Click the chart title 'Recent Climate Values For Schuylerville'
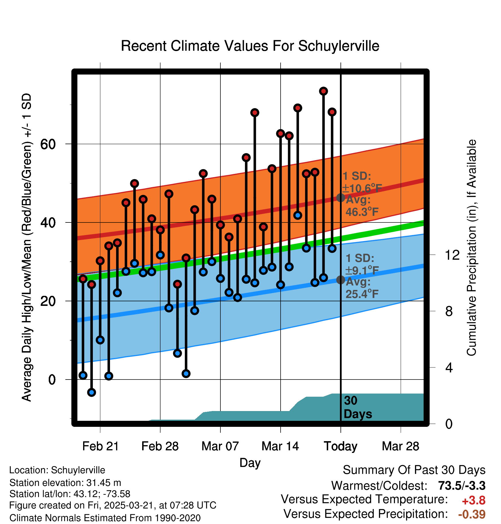(x=250, y=46)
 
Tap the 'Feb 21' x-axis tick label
(x=100, y=446)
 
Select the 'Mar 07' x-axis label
(x=220, y=446)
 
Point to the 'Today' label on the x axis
(x=340, y=446)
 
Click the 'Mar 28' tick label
(x=400, y=446)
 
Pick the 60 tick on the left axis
(x=48, y=144)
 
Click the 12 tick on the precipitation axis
(x=452, y=255)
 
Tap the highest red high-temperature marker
(x=323, y=91)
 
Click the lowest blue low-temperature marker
(x=91, y=392)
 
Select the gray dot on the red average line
(x=340, y=198)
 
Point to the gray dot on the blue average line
(x=340, y=279)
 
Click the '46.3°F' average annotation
(x=362, y=212)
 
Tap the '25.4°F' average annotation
(x=362, y=294)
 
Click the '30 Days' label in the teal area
(x=357, y=407)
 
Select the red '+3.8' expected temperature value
(x=473, y=500)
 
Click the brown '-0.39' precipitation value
(x=472, y=514)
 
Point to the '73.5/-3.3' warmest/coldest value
(x=462, y=486)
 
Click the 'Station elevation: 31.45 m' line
(x=65, y=483)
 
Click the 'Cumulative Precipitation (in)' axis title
(x=471, y=248)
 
